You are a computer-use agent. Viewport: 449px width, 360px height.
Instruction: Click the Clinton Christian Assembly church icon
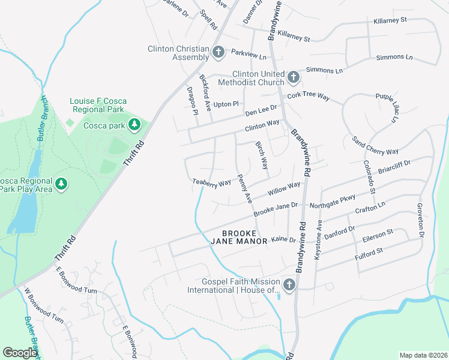218,53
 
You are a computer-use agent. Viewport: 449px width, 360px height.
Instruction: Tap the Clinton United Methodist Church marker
293,77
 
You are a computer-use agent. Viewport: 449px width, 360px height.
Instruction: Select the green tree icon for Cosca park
135,125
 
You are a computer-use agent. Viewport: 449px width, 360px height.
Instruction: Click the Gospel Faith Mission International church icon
289,285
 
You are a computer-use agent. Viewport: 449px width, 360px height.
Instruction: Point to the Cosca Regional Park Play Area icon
61,184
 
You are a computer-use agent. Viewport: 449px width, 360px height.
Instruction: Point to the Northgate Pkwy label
332,202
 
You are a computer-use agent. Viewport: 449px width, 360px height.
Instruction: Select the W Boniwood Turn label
44,306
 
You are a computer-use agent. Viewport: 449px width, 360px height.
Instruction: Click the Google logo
20,353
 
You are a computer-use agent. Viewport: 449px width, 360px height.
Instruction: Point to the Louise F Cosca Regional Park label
98,105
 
